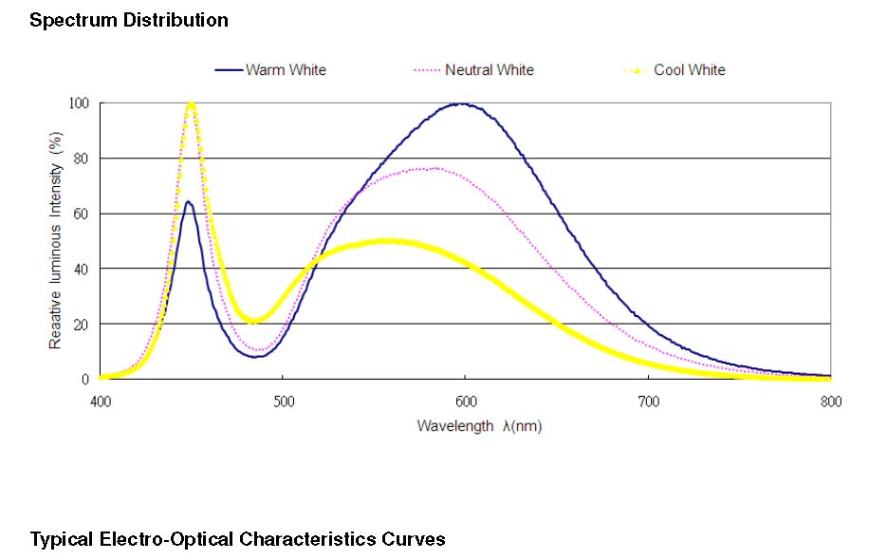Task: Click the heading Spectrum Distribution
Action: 129,20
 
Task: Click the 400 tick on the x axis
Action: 101,401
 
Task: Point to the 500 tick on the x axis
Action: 283,401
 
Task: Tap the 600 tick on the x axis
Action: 465,401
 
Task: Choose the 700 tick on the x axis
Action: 648,401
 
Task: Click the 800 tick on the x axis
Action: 830,401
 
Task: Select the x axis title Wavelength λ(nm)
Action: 479,426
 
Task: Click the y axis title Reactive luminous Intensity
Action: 56,240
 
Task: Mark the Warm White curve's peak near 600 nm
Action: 462,103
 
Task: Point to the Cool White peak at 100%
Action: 191,103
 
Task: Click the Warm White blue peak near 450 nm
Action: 189,201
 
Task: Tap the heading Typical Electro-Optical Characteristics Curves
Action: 237,540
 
